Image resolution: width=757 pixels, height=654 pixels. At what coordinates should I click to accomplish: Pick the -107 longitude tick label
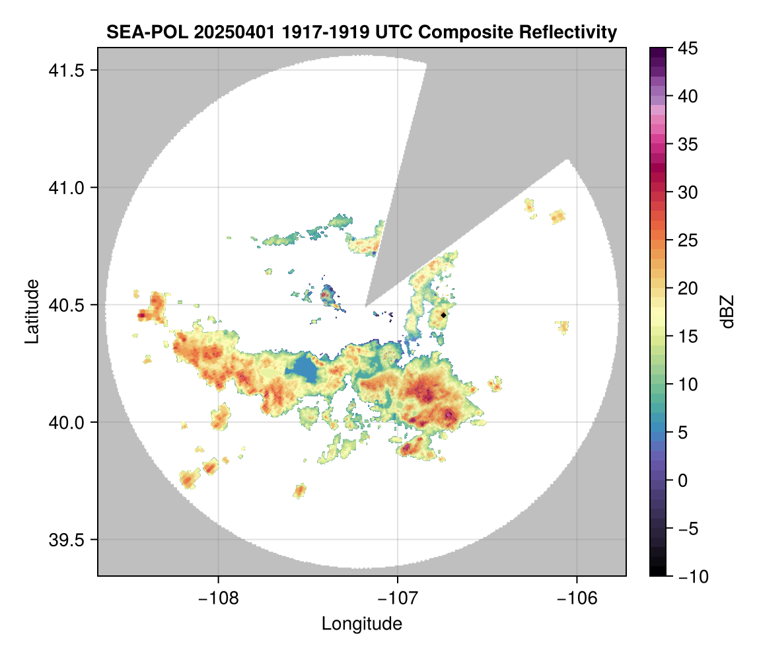point(398,599)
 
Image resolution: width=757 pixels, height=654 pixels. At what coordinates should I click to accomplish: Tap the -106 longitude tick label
point(577,599)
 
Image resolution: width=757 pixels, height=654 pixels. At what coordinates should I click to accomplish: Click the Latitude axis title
point(32,311)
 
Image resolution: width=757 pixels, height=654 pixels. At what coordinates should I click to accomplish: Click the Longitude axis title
point(362,624)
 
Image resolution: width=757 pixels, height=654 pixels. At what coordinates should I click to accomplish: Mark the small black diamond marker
point(444,315)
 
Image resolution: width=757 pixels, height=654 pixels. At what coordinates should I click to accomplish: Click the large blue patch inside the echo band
point(302,371)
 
